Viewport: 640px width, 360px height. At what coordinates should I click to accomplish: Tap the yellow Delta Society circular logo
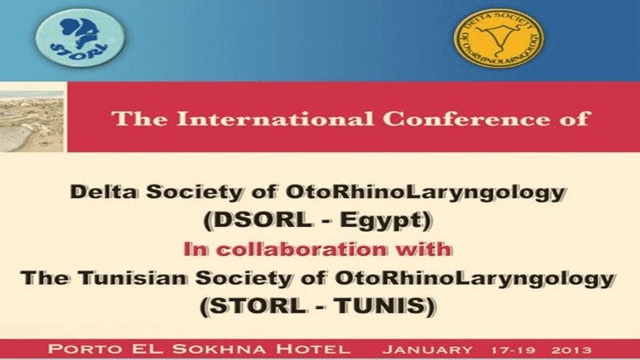499,38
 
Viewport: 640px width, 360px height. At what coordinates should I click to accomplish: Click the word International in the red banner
275,119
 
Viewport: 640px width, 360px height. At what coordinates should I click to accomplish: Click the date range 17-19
513,350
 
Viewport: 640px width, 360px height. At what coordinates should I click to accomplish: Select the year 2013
571,350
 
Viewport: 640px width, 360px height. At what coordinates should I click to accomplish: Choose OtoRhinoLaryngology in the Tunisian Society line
474,279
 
